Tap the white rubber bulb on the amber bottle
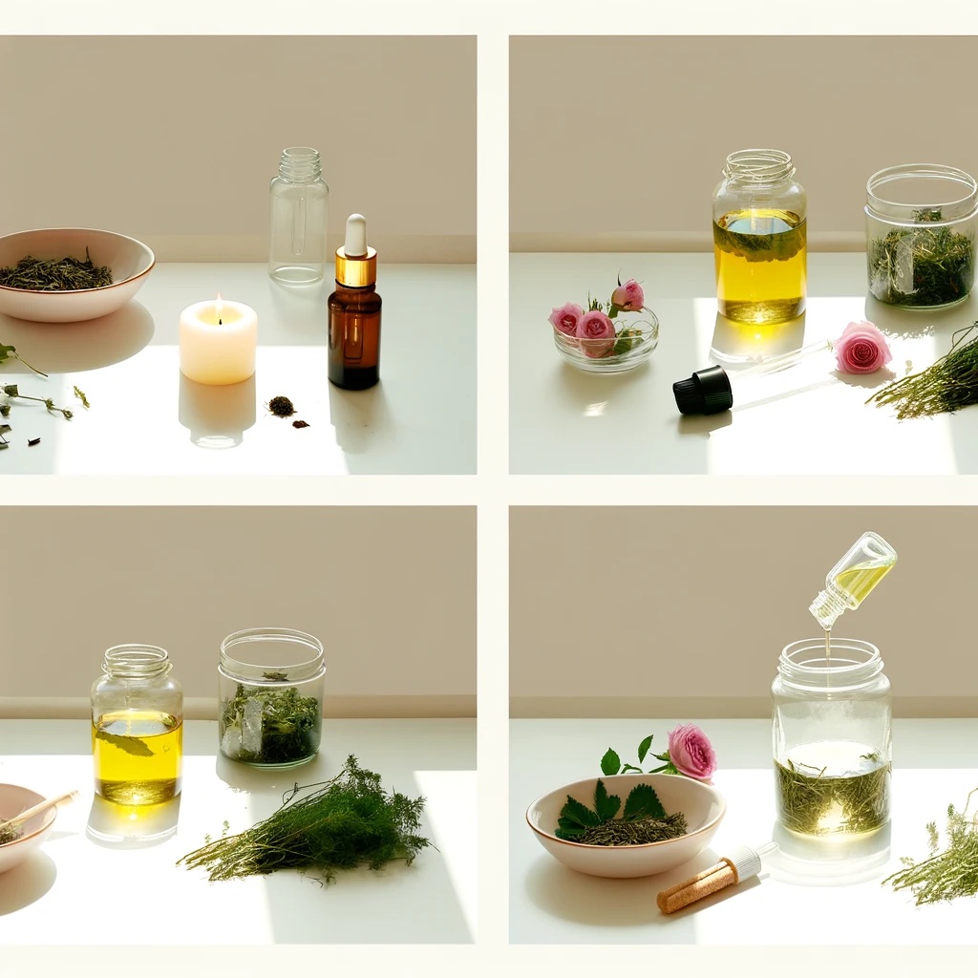click(x=355, y=233)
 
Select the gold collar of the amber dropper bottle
click(x=355, y=268)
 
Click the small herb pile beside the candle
click(x=282, y=406)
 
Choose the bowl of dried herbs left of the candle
click(x=72, y=274)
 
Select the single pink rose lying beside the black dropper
click(x=861, y=347)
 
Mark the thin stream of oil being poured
click(x=827, y=646)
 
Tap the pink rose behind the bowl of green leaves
click(x=691, y=752)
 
